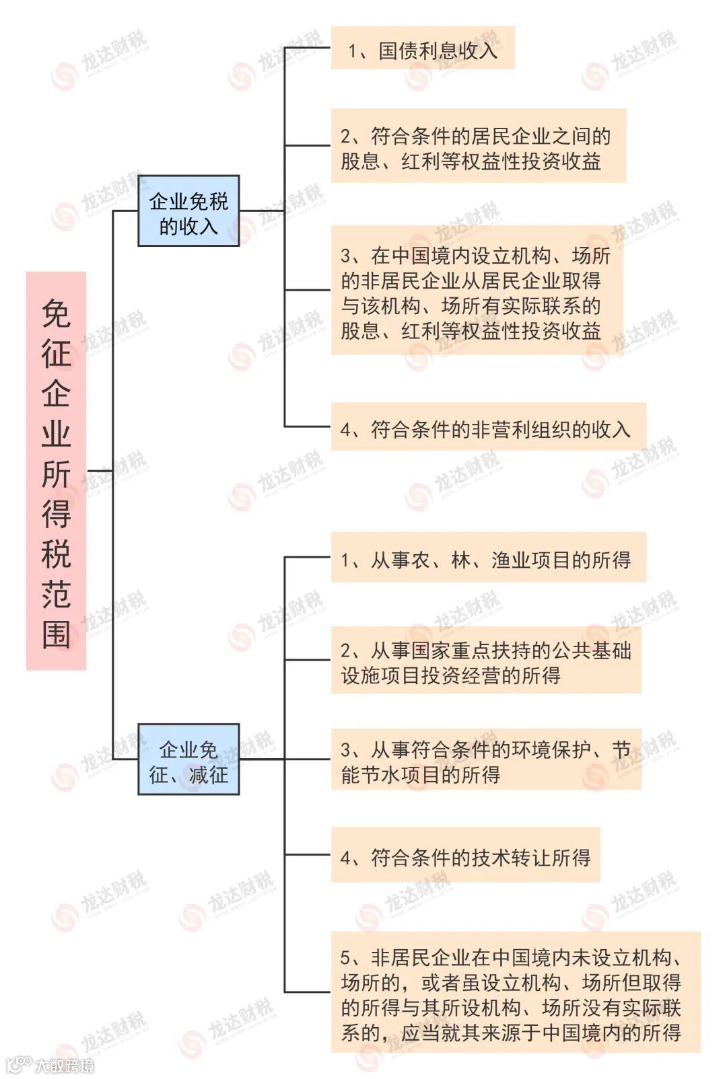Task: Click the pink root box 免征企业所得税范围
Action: click(x=56, y=471)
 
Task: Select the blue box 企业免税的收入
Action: click(x=188, y=211)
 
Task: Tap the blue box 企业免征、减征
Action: click(x=188, y=759)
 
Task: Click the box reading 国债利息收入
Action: click(x=423, y=48)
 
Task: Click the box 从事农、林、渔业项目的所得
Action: click(x=488, y=558)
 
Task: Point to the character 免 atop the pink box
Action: click(x=56, y=313)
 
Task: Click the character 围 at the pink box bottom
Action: click(x=56, y=634)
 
